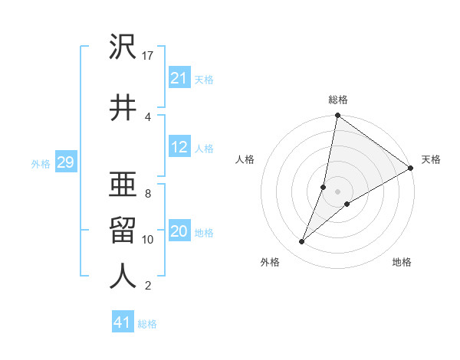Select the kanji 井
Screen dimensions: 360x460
click(x=123, y=107)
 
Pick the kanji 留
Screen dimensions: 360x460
click(x=123, y=231)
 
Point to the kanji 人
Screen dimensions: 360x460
click(x=123, y=277)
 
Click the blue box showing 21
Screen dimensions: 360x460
click(x=179, y=78)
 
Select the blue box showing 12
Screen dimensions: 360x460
click(x=179, y=148)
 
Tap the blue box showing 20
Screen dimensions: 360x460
click(x=179, y=232)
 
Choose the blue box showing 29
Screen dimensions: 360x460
click(x=65, y=162)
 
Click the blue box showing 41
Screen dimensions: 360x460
click(x=123, y=323)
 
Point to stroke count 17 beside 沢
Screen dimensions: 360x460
click(x=149, y=55)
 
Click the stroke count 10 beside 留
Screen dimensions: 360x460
click(x=149, y=240)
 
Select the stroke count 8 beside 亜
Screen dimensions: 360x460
click(x=148, y=193)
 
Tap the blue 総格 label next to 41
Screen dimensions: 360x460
click(x=147, y=324)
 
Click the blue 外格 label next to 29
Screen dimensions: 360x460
click(x=41, y=163)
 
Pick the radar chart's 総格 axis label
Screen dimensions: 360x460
click(x=338, y=100)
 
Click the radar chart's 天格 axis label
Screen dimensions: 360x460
click(x=431, y=159)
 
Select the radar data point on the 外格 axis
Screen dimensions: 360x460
click(x=301, y=242)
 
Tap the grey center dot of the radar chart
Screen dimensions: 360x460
click(x=338, y=191)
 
